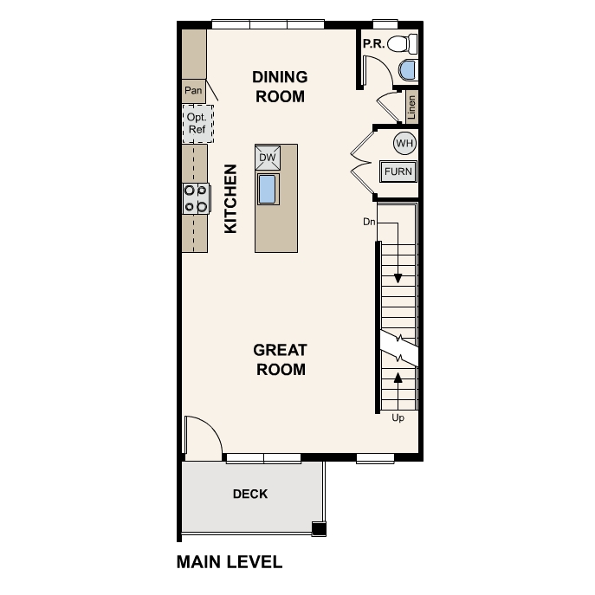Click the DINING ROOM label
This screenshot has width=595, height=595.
point(279,87)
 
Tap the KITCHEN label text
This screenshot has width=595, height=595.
point(231,198)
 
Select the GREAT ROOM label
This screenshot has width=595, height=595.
point(280,359)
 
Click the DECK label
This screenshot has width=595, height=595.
point(250,495)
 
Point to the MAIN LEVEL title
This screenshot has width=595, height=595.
point(230,562)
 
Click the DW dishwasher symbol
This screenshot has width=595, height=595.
point(267,157)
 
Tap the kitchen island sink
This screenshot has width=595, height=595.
point(267,188)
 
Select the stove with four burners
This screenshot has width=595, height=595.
point(195,198)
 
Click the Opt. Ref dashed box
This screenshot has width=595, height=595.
point(197,124)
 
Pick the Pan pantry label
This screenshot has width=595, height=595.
point(193,89)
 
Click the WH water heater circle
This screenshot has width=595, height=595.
point(404,142)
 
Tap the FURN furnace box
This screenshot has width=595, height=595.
point(398,171)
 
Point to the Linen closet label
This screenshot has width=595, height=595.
point(411,106)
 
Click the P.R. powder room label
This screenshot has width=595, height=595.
point(373,42)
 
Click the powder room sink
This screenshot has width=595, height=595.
point(408,71)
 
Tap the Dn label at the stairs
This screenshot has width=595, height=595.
point(369,223)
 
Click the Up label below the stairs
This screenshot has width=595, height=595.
point(398,418)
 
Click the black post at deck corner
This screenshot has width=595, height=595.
point(319,529)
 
